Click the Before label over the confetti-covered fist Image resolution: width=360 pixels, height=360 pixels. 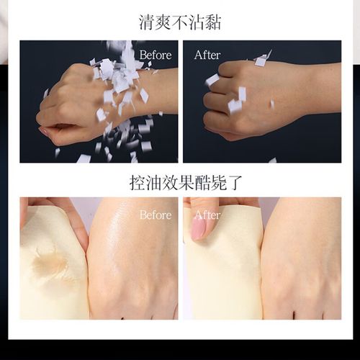tap(156, 55)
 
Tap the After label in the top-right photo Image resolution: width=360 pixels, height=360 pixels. tap(208, 55)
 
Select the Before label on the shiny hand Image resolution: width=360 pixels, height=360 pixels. tap(156, 215)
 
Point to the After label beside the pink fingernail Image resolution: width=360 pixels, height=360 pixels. tap(207, 215)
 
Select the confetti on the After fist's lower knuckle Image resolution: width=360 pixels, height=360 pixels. tap(235, 105)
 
